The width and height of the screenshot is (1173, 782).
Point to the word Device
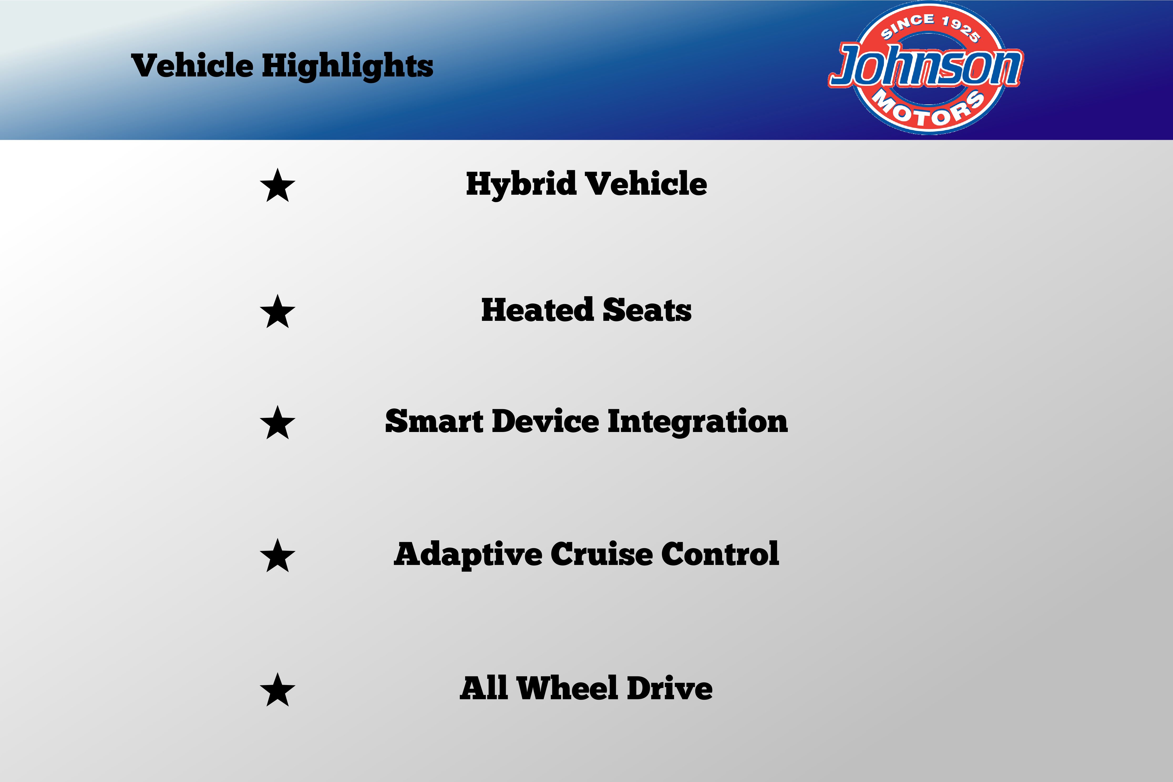(546, 421)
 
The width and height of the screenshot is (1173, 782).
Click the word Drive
(670, 688)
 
